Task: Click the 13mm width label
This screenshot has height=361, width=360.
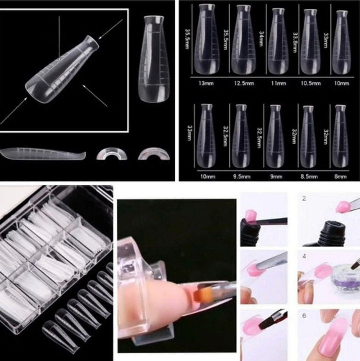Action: point(206,84)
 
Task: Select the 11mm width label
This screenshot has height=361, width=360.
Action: point(277,84)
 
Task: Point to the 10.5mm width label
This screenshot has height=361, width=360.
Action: point(311,84)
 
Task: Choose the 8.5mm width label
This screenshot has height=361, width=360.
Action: point(311,177)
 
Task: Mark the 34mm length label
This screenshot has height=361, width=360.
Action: point(261,39)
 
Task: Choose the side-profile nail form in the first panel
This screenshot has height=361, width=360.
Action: point(42,153)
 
